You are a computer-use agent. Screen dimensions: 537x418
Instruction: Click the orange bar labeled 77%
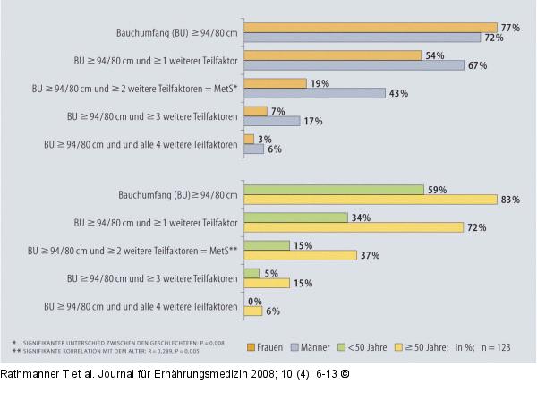click(371, 28)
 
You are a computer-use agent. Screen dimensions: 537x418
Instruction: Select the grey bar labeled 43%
click(315, 93)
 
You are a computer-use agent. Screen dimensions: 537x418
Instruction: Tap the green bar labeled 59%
click(334, 190)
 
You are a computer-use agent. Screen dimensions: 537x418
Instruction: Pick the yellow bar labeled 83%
click(371, 200)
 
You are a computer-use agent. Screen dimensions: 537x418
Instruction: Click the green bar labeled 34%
click(296, 218)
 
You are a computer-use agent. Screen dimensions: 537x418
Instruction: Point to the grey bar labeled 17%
click(272, 121)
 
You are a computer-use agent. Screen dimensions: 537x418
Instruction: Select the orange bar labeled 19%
click(275, 83)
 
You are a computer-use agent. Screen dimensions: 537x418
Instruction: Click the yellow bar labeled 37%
click(301, 255)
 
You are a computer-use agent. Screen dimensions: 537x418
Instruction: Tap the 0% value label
click(255, 302)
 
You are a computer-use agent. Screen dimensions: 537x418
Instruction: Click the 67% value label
click(478, 65)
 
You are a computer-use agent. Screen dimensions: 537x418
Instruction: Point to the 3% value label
click(265, 140)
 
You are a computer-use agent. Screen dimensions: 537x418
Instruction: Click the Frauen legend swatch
click(251, 347)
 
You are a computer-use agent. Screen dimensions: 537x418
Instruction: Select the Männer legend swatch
click(294, 347)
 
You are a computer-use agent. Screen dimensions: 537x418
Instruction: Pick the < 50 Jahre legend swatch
click(342, 347)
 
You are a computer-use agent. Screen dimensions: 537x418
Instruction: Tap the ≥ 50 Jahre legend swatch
click(398, 347)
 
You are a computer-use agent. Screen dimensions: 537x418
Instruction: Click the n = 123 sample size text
click(496, 347)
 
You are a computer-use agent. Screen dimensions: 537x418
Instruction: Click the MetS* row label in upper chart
click(134, 89)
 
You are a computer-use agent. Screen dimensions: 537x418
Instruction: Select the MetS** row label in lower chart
click(132, 251)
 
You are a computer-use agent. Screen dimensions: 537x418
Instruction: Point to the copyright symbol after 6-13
click(345, 374)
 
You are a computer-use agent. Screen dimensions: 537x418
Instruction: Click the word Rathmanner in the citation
click(30, 374)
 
